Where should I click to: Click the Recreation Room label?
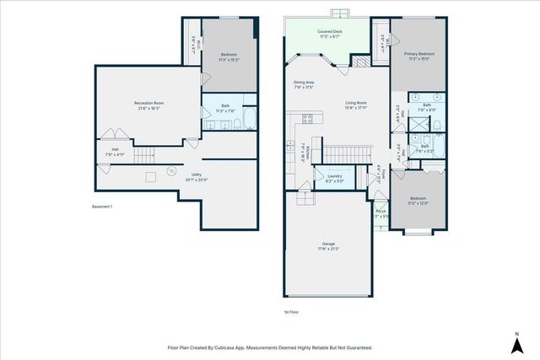(x=148, y=105)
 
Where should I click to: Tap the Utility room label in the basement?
(x=195, y=178)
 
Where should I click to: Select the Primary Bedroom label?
(x=418, y=56)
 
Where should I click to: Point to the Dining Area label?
(x=303, y=84)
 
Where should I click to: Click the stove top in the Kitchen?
(x=308, y=118)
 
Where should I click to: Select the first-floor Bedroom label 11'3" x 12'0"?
(x=418, y=201)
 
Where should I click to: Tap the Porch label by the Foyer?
(x=380, y=213)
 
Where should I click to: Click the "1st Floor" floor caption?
(x=292, y=311)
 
